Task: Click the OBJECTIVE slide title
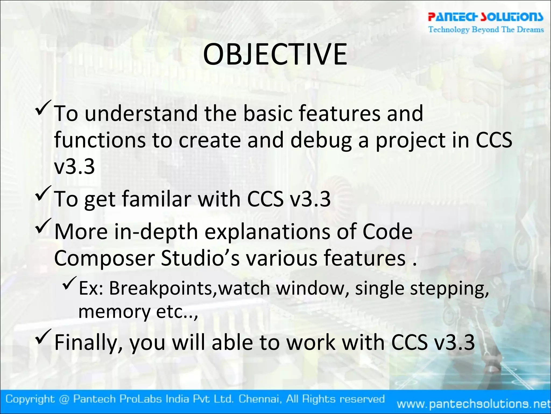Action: coord(275,55)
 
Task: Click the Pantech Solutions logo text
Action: coord(485,17)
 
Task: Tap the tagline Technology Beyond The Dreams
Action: coord(486,29)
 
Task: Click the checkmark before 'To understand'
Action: coord(43,107)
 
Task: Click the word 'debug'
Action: coord(321,140)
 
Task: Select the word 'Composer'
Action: coord(104,258)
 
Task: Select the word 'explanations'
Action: coord(267,232)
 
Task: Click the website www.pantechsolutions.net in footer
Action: coord(474,404)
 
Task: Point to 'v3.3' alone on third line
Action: coord(75,167)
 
